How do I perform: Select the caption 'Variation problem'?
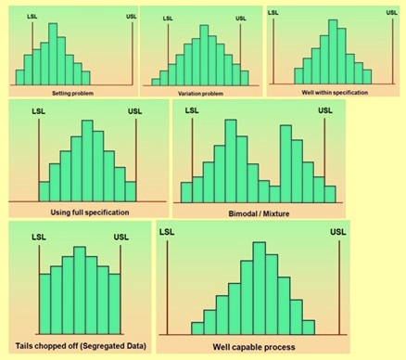tap(201, 95)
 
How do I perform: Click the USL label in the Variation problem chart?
tap(242, 19)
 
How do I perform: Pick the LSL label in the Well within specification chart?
tap(273, 11)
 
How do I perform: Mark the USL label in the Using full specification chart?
tap(135, 113)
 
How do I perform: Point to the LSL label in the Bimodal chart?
tap(192, 111)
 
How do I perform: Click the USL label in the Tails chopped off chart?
tap(121, 238)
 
